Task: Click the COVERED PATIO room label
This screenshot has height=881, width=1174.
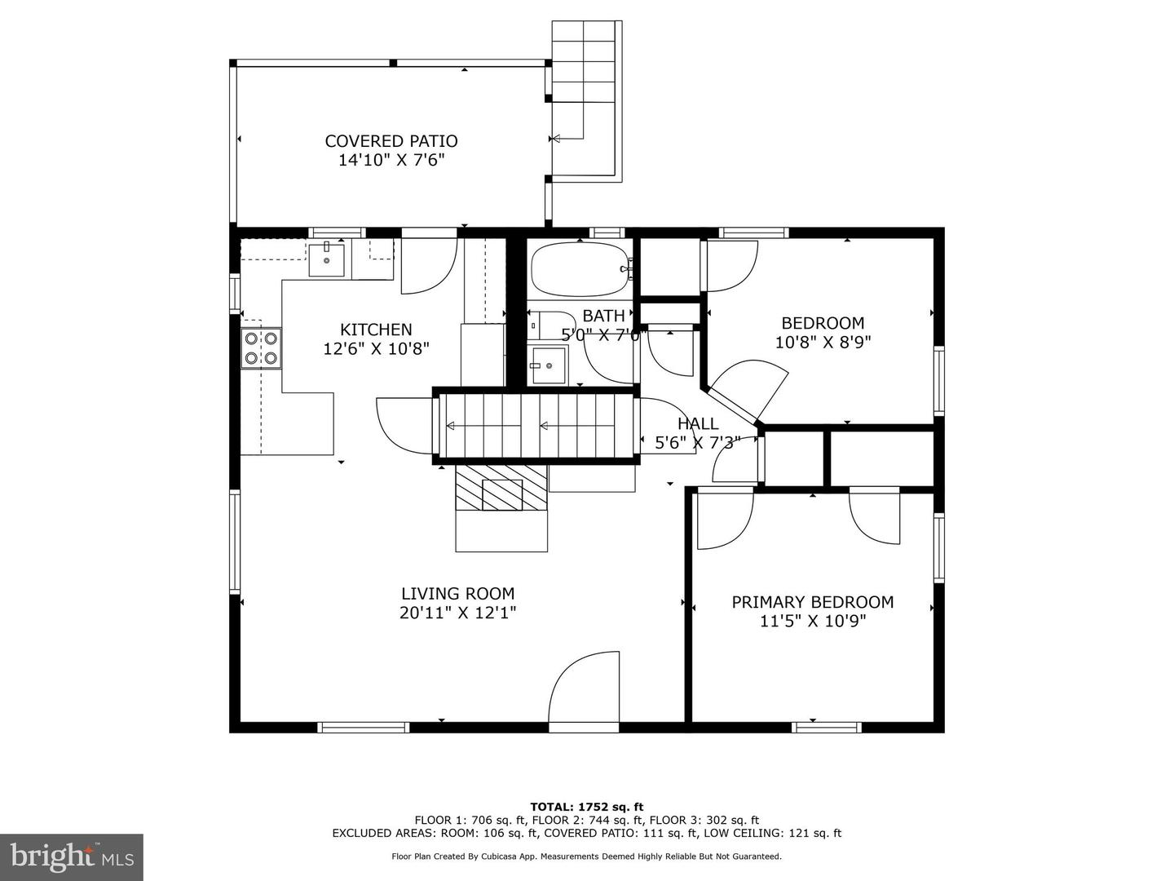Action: tap(391, 141)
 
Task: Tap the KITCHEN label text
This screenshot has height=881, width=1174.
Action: tap(376, 330)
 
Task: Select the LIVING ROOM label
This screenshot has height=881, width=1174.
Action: tap(458, 594)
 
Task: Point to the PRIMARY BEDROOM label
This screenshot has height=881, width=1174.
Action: tap(813, 602)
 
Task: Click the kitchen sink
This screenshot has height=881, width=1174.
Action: tap(326, 259)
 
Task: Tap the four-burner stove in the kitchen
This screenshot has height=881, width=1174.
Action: tap(261, 348)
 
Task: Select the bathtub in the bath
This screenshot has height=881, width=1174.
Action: tap(580, 269)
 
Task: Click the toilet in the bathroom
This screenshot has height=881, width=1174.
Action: tap(551, 325)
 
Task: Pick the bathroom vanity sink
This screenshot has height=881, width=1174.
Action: tap(547, 365)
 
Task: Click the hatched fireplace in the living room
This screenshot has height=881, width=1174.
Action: tap(501, 488)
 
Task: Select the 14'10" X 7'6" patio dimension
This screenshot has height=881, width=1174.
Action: tap(391, 160)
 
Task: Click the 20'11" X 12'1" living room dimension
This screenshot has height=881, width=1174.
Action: tap(458, 613)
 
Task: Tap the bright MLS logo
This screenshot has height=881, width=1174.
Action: tap(72, 857)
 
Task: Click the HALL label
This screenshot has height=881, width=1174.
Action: tap(697, 423)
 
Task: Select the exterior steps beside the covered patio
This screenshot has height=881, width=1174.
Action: tap(587, 102)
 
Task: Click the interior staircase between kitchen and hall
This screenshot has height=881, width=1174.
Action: tap(536, 426)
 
